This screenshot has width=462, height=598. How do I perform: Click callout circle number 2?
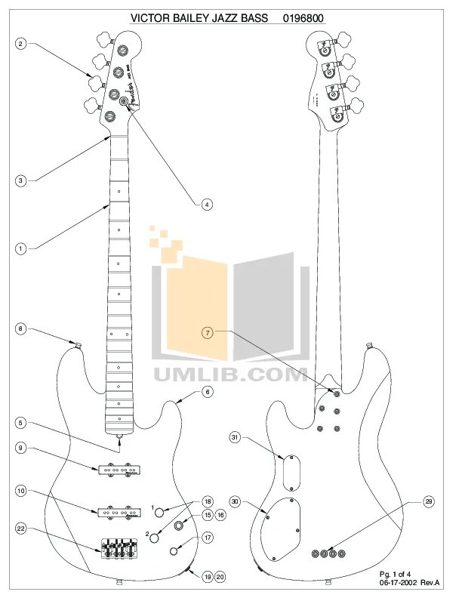(x=21, y=44)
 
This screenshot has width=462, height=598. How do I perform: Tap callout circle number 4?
(x=206, y=203)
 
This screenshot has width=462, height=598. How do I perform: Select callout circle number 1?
(x=21, y=247)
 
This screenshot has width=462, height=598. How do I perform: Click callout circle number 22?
(x=21, y=531)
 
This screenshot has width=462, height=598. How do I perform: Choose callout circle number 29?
(x=408, y=502)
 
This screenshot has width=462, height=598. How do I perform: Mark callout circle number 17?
(x=206, y=538)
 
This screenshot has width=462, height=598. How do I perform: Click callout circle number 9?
(x=21, y=448)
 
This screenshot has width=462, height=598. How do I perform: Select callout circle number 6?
(x=206, y=392)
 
